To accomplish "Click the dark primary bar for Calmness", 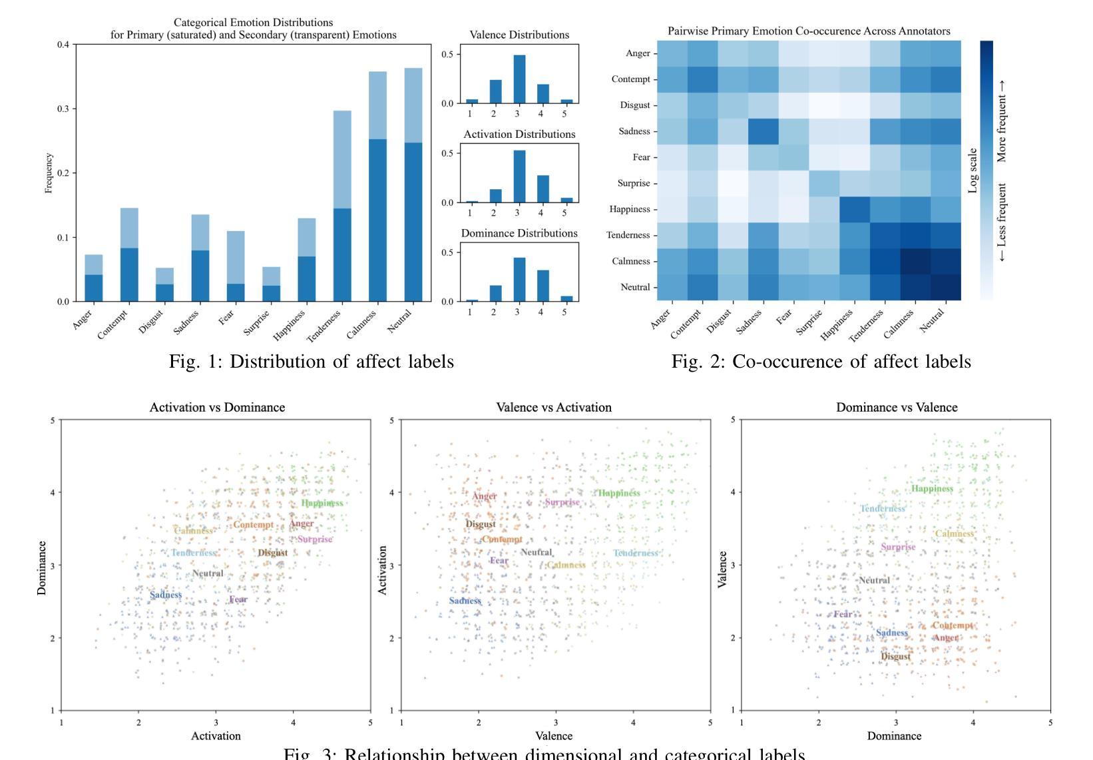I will pyautogui.click(x=377, y=220).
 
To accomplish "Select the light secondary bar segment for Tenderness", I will pyautogui.click(x=342, y=160).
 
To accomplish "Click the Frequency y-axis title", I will pyautogui.click(x=48, y=173).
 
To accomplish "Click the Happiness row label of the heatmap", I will pyautogui.click(x=629, y=209).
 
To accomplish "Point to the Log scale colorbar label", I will pyautogui.click(x=973, y=171).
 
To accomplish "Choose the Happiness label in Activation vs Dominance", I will pyautogui.click(x=322, y=503).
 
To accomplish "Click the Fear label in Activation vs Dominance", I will pyautogui.click(x=238, y=599).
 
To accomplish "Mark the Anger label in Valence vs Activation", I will pyautogui.click(x=485, y=496).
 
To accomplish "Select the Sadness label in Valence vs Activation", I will pyautogui.click(x=465, y=601).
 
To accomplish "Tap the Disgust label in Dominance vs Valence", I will pyautogui.click(x=895, y=657).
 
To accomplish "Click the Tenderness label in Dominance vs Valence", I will pyautogui.click(x=883, y=509).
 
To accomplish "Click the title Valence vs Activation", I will pyautogui.click(x=554, y=407).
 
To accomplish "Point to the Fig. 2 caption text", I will pyautogui.click(x=821, y=361).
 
